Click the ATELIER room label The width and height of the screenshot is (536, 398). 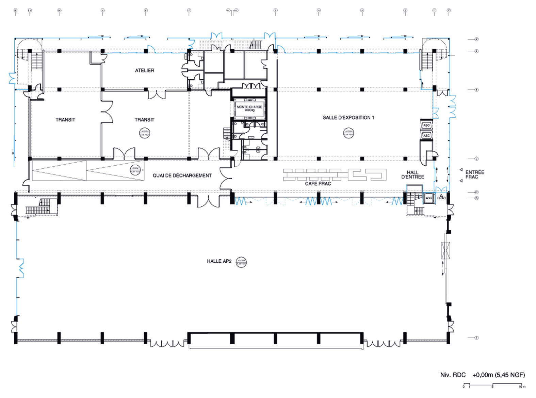pyautogui.click(x=144, y=70)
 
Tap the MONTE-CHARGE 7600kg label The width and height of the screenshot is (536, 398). pyautogui.click(x=249, y=109)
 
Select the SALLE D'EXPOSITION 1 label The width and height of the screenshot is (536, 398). pyautogui.click(x=348, y=118)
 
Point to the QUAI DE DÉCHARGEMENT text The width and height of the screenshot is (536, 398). pyautogui.click(x=182, y=176)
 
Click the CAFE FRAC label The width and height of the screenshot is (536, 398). pyautogui.click(x=318, y=184)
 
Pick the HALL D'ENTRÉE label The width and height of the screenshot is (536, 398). pyautogui.click(x=412, y=175)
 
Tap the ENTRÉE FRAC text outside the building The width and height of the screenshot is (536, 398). pyautogui.click(x=474, y=175)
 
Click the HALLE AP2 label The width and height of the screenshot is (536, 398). pyautogui.click(x=219, y=261)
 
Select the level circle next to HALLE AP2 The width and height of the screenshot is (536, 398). pyautogui.click(x=241, y=262)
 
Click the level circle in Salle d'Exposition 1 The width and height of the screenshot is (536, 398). pyautogui.click(x=348, y=133)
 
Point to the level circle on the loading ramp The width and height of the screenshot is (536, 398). pyautogui.click(x=135, y=170)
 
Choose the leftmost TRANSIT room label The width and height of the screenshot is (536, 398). pyautogui.click(x=65, y=120)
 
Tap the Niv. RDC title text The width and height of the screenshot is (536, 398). pyautogui.click(x=453, y=375)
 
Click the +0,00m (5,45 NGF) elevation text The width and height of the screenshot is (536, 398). pyautogui.click(x=499, y=375)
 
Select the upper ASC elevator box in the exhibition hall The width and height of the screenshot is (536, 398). pyautogui.click(x=426, y=125)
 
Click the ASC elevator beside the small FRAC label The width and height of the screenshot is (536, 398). pyautogui.click(x=429, y=198)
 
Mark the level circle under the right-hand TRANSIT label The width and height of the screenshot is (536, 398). pyautogui.click(x=144, y=133)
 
